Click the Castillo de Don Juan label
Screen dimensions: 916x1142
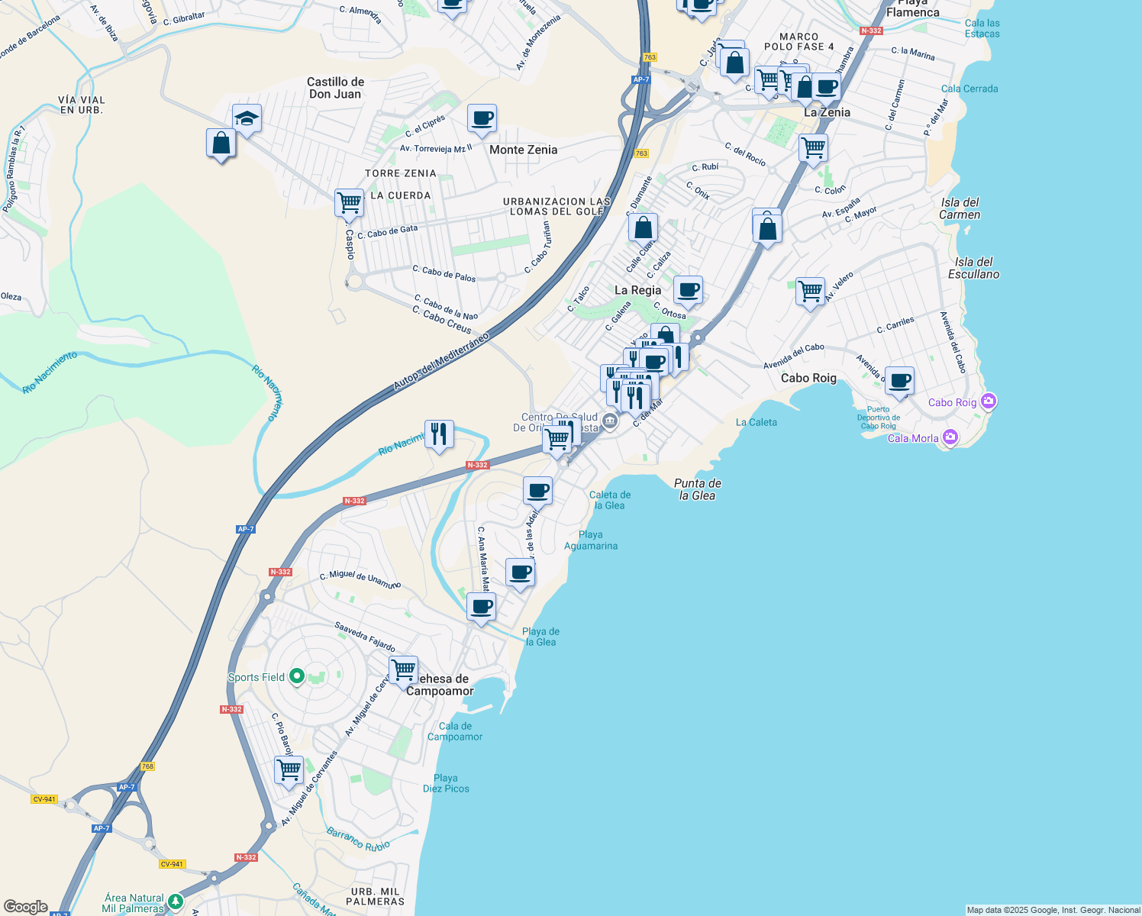point(335,88)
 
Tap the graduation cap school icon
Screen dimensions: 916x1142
point(247,118)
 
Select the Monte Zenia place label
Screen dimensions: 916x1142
point(523,150)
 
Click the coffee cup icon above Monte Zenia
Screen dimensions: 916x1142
point(482,118)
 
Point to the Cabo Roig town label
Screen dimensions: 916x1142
point(808,378)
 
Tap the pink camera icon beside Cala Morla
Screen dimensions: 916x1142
point(950,437)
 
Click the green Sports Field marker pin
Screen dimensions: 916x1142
point(297,676)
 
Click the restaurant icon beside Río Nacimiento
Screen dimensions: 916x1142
point(438,434)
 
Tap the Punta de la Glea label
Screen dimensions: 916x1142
point(698,489)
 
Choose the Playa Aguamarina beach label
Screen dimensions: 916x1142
point(591,540)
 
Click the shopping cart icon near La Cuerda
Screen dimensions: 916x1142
point(349,204)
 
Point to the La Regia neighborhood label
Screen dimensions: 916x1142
point(637,290)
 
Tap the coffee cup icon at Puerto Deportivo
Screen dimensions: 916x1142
point(900,380)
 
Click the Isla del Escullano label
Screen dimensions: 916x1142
point(973,268)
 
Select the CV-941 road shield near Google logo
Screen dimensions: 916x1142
point(44,799)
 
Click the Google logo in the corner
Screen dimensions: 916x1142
point(25,906)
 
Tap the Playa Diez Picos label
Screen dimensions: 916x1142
point(446,783)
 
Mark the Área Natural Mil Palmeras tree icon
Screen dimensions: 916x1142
point(176,902)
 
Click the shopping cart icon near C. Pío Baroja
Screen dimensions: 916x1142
point(289,770)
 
